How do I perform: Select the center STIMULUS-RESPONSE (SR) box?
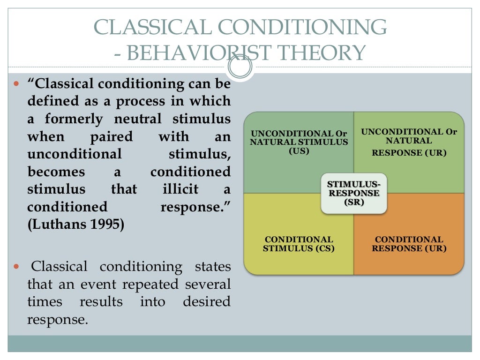click(x=354, y=193)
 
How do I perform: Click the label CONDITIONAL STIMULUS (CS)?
click(x=299, y=244)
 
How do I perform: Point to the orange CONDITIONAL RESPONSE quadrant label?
click(x=409, y=244)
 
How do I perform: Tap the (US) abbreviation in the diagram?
click(x=299, y=151)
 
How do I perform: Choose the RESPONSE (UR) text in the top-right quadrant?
click(x=409, y=152)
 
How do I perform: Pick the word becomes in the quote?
click(x=56, y=172)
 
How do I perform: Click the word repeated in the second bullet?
click(x=155, y=285)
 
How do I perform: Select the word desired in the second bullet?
click(x=207, y=302)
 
